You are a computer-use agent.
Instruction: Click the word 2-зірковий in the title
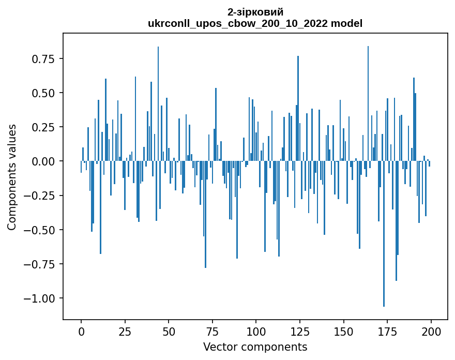click(255, 12)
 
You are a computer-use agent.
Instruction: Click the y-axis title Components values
click(12, 177)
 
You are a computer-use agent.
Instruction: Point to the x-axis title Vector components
click(255, 347)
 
